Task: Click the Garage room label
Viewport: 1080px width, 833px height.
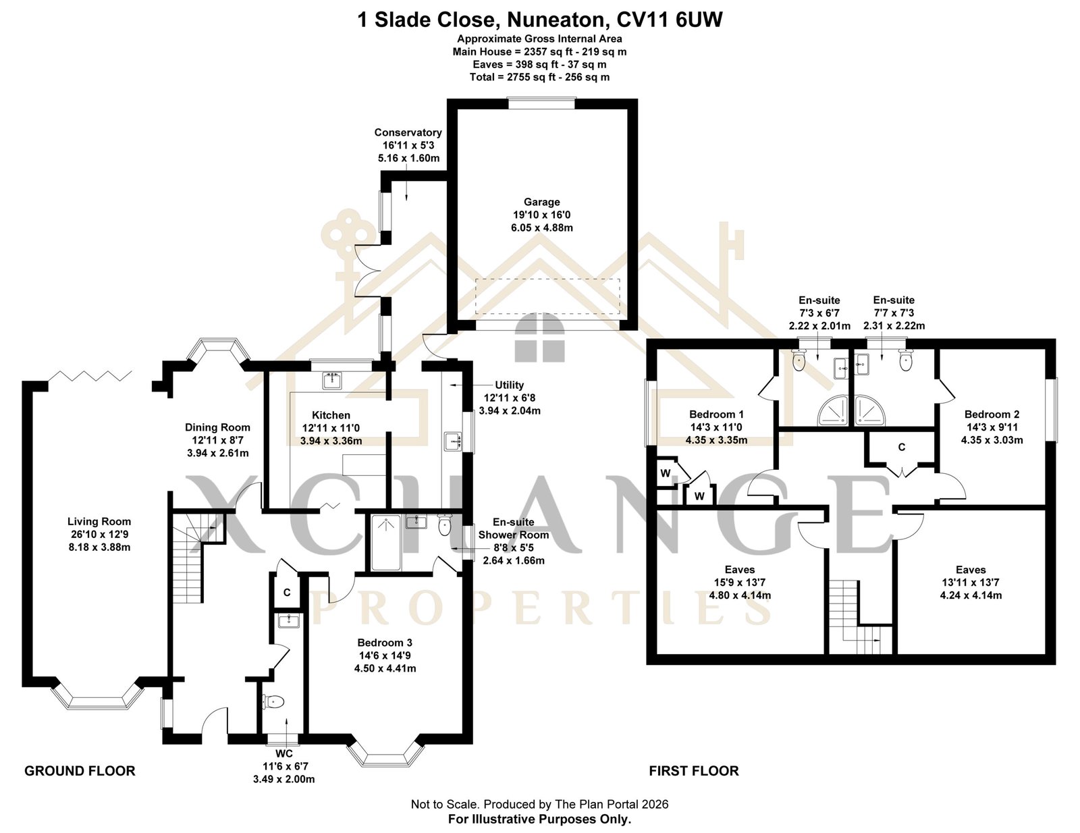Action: [x=542, y=203]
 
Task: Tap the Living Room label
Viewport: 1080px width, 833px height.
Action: [x=99, y=522]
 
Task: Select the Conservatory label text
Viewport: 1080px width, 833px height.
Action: [x=408, y=133]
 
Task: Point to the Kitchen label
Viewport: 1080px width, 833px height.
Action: [x=331, y=416]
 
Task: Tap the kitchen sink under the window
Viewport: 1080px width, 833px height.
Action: [x=331, y=380]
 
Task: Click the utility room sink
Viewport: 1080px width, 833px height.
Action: [x=454, y=441]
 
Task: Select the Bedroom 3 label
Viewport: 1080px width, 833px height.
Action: [x=385, y=643]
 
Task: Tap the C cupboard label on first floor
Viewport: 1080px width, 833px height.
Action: [x=902, y=448]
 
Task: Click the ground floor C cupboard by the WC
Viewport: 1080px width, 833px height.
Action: [x=287, y=593]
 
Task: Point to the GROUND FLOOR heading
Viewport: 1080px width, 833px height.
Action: [x=80, y=771]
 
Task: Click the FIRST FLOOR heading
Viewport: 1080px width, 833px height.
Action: [x=694, y=771]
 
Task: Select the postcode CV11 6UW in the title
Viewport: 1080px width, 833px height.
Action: [x=670, y=20]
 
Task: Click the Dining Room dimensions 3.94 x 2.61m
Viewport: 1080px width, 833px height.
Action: [x=218, y=453]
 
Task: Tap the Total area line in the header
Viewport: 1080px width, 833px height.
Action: [x=540, y=78]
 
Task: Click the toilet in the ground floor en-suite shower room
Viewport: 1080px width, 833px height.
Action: [x=445, y=525]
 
